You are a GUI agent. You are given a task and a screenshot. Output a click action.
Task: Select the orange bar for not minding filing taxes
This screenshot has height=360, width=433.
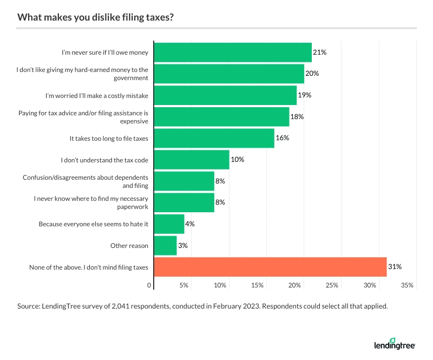(x=270, y=266)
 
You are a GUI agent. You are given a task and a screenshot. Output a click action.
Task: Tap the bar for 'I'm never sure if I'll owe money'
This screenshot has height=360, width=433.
(x=233, y=53)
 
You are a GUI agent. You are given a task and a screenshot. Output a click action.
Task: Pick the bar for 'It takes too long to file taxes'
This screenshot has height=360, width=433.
(x=214, y=138)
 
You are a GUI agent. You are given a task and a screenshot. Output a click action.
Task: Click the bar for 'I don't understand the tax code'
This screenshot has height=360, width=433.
(x=192, y=160)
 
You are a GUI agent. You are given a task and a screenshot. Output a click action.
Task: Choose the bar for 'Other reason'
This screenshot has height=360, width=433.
(x=165, y=245)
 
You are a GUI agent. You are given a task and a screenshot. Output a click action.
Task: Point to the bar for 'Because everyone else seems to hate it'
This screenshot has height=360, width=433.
(x=169, y=224)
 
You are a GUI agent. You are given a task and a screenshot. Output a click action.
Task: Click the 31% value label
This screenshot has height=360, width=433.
(x=395, y=266)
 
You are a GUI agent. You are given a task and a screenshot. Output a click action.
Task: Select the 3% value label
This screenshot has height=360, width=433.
(x=183, y=245)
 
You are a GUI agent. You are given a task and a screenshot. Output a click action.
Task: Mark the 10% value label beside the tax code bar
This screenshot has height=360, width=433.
(x=238, y=160)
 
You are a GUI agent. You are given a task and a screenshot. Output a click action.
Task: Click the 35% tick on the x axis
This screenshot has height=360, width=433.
(x=407, y=285)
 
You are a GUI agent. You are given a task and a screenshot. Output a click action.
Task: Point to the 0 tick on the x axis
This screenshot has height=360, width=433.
(x=149, y=285)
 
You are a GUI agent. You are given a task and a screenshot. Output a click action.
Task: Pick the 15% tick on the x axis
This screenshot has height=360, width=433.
(x=258, y=285)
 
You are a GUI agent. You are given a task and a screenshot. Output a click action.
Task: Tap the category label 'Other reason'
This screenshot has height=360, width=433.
(x=129, y=245)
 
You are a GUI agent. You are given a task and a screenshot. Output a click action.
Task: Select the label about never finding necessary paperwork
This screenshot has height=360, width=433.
(x=91, y=202)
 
